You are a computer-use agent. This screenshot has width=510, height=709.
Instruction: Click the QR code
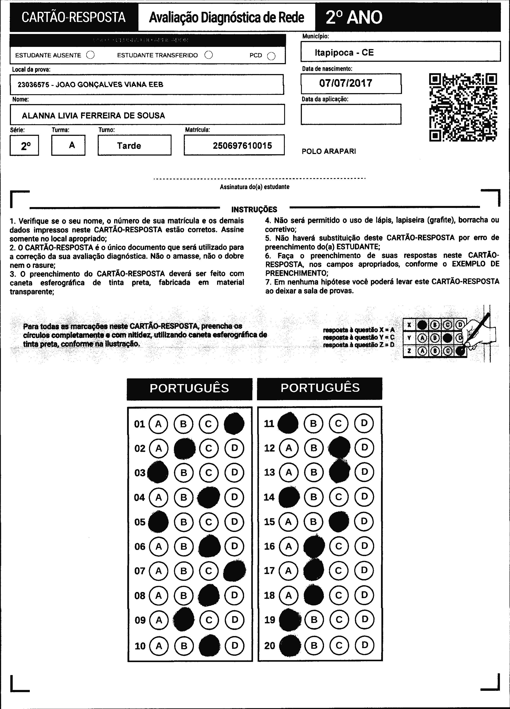pyautogui.click(x=463, y=107)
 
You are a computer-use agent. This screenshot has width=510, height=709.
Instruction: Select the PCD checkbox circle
pyautogui.click(x=271, y=56)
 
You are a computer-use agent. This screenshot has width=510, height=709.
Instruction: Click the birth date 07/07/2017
pyautogui.click(x=346, y=83)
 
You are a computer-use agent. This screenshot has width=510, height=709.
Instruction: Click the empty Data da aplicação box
pyautogui.click(x=351, y=114)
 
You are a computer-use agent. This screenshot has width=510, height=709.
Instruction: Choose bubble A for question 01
pyautogui.click(x=158, y=424)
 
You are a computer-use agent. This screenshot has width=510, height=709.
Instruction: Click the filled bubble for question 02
pyautogui.click(x=184, y=448)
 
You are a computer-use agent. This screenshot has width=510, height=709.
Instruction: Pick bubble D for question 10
pyautogui.click(x=235, y=645)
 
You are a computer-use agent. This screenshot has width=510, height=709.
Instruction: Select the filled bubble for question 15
pyautogui.click(x=339, y=522)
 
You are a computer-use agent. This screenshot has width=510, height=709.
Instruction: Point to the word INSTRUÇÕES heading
pyautogui.click(x=254, y=209)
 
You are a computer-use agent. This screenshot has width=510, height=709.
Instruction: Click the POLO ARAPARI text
pyautogui.click(x=329, y=151)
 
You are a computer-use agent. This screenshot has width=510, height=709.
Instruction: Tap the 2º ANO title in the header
pyautogui.click(x=354, y=18)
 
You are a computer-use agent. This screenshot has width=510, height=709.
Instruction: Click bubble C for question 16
pyautogui.click(x=339, y=546)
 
